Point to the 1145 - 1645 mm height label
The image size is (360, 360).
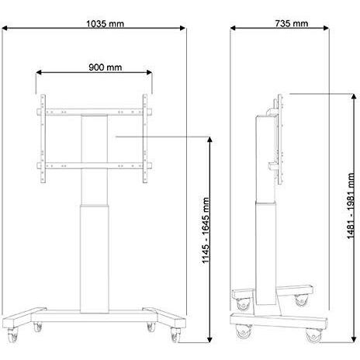pos(206,228)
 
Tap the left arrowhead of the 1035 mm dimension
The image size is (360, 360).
pos(5,30)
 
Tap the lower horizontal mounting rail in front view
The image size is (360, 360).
pos(95,164)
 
